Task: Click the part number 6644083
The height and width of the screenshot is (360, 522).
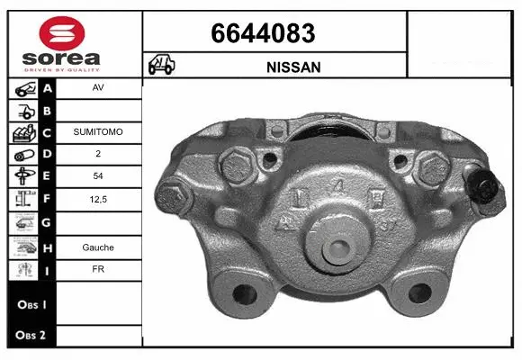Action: (x=263, y=34)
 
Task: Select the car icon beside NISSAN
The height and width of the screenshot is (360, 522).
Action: (x=162, y=66)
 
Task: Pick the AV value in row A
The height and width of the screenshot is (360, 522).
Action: (x=97, y=88)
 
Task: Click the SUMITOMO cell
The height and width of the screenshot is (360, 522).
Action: (x=97, y=131)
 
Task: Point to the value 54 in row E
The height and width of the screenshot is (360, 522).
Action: (x=97, y=175)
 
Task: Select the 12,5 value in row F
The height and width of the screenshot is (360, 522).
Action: (x=97, y=198)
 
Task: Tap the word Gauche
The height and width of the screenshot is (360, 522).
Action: (x=97, y=247)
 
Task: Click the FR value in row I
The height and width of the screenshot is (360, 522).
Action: (x=97, y=269)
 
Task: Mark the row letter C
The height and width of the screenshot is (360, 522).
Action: (x=48, y=131)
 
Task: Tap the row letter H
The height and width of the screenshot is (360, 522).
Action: (x=48, y=247)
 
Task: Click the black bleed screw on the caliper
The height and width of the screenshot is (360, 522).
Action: (x=487, y=188)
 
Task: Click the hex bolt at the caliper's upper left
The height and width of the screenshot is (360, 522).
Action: (x=237, y=166)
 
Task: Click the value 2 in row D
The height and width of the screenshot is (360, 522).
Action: (x=97, y=153)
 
